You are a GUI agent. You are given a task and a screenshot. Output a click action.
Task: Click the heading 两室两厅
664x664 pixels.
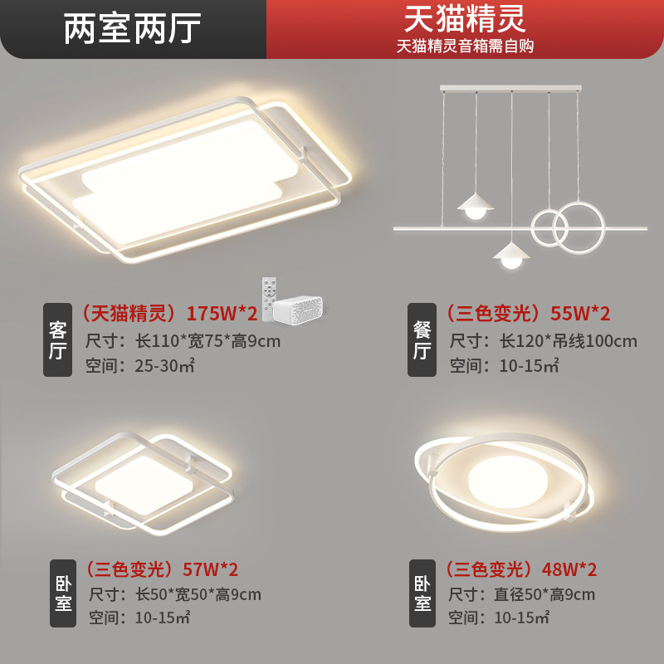pos(133,28)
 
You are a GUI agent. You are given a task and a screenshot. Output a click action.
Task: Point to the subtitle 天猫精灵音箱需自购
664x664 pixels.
pos(465,46)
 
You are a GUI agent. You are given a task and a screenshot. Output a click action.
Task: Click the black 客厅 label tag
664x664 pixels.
pos(57,340)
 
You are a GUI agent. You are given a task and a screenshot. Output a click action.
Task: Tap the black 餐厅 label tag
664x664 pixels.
pos(422,340)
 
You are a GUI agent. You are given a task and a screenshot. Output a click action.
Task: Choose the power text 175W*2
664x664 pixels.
pos(222,314)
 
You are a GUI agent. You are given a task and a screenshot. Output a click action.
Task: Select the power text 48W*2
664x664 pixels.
pos(569,569)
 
